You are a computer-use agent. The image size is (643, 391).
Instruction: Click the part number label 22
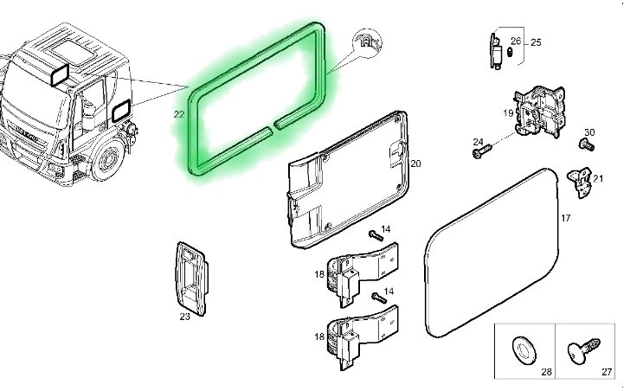point(179,114)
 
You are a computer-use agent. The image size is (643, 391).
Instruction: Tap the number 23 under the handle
point(184,317)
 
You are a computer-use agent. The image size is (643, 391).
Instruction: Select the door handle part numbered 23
point(191,279)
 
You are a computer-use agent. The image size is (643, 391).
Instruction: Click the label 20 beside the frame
point(415,163)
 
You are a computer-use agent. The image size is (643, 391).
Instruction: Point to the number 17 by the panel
point(565,218)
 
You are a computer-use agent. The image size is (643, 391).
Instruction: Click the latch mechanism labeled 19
point(539,112)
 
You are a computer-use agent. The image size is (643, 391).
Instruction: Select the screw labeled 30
point(587,144)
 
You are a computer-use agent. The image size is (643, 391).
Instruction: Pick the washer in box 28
point(524,349)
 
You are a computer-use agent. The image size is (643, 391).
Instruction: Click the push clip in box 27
point(583,350)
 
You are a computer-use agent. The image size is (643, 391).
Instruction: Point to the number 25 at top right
point(536,42)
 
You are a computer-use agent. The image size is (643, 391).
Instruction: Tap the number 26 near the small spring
point(516,41)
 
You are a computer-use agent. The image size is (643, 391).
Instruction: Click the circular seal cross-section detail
point(368,42)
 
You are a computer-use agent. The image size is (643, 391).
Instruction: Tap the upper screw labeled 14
point(376,235)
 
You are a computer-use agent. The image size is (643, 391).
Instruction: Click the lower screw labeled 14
point(379,298)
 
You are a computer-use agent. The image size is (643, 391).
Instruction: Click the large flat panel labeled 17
point(492,253)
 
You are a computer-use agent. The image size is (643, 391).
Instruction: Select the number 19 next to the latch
point(508,112)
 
